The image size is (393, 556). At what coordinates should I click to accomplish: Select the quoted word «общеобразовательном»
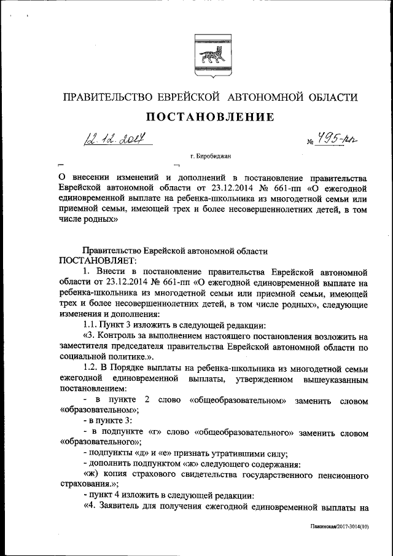click(236, 401)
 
